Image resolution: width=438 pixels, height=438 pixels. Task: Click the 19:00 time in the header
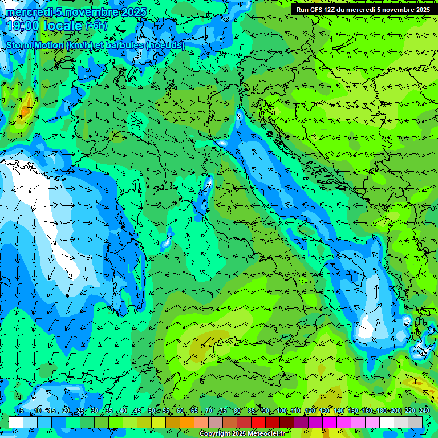pos(23,26)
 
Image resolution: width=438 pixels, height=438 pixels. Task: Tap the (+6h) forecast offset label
pos(96,26)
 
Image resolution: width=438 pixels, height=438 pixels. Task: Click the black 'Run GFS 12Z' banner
pos(363,10)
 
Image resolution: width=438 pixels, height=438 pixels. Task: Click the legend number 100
pos(282,411)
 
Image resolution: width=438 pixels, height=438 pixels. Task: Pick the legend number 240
pos(424,411)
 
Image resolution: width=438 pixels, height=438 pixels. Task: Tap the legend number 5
pos(22,411)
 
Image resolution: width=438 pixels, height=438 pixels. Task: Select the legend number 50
pos(152,411)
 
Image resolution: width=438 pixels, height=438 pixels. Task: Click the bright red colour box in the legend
pos(258,422)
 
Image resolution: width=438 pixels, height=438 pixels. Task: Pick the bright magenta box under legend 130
pos(330,422)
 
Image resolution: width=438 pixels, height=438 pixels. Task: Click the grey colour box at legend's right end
pos(415,422)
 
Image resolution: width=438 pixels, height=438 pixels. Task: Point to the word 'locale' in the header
pos(62,26)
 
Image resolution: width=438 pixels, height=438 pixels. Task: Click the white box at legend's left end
pos(16,422)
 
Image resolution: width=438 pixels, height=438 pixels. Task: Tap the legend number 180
pos(382,411)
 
